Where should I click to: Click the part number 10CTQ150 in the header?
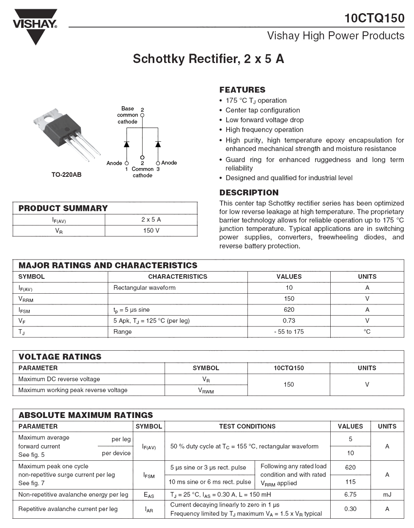coord(374,19)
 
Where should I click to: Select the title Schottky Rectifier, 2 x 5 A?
coord(208,59)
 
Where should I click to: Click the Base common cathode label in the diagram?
coord(128,115)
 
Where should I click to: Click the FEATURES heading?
coord(242,90)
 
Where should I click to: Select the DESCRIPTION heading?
coord(249,192)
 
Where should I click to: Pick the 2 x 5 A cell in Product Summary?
coord(151,220)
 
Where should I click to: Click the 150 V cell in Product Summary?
coord(151,230)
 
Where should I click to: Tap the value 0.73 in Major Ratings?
coord(289,321)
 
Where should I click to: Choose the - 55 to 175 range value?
coord(289,332)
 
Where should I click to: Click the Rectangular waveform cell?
coord(144,287)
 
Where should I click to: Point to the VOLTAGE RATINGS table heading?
coord(60,357)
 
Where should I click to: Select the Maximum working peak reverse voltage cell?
coord(73,390)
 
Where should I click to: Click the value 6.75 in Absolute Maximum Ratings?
coord(350,494)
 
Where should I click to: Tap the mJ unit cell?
coord(387,494)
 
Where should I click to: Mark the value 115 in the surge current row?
coord(350,482)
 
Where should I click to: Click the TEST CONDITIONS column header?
coord(247,426)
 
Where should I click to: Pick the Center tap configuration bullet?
coord(263,110)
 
